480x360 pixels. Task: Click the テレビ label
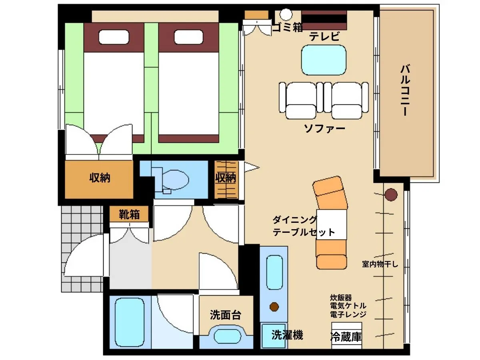(324, 36)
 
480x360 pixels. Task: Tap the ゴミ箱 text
(288, 28)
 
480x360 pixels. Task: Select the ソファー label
(324, 128)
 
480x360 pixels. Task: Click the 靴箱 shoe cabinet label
(129, 214)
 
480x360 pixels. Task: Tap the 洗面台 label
(226, 315)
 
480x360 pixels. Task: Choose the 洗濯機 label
(287, 335)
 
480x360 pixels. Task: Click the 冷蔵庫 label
(346, 337)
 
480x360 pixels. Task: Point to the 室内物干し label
(380, 264)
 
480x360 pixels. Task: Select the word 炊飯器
(341, 298)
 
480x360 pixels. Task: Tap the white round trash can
(286, 14)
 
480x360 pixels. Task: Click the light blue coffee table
(324, 60)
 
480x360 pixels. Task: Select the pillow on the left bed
(114, 37)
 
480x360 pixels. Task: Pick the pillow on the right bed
(188, 37)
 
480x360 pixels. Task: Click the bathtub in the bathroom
(130, 322)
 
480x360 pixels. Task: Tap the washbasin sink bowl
(228, 336)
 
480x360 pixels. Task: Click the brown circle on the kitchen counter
(274, 307)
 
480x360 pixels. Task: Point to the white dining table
(332, 224)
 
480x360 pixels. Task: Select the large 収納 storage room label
(100, 178)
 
